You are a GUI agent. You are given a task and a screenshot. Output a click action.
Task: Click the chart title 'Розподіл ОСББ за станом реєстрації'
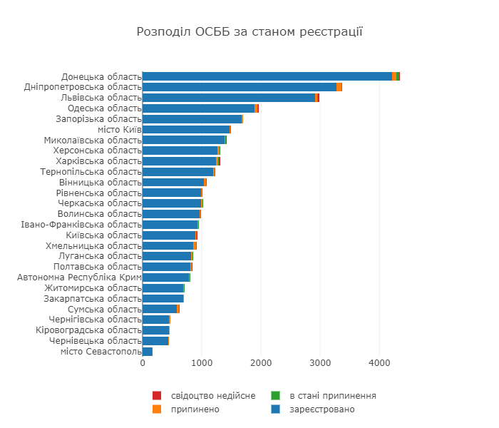(249, 32)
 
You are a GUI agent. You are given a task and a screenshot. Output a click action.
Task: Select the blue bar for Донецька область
(267, 76)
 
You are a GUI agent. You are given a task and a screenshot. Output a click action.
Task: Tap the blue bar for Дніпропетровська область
(240, 87)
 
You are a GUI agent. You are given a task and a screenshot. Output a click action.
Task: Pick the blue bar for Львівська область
(229, 98)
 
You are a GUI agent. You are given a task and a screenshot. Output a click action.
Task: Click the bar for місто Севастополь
(148, 352)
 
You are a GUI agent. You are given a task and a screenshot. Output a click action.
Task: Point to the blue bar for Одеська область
(199, 108)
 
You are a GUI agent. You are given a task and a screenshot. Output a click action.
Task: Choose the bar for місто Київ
(186, 129)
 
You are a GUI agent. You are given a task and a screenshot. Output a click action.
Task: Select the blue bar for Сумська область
(160, 309)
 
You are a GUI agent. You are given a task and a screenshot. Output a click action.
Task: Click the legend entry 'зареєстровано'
(321, 409)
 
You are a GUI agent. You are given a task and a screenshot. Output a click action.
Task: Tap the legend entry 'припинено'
(195, 409)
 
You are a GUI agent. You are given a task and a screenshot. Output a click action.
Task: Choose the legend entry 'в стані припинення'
(332, 396)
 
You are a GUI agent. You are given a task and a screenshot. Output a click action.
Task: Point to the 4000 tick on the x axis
(379, 364)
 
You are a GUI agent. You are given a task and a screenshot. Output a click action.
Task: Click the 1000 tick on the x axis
(202, 364)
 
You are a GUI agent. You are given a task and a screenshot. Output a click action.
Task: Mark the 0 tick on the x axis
(143, 364)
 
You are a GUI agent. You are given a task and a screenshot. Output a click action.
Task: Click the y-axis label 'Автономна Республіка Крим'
(79, 277)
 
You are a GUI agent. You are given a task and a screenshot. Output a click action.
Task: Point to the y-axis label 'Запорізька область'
(98, 119)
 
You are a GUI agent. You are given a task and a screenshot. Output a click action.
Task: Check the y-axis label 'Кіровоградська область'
(88, 330)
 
